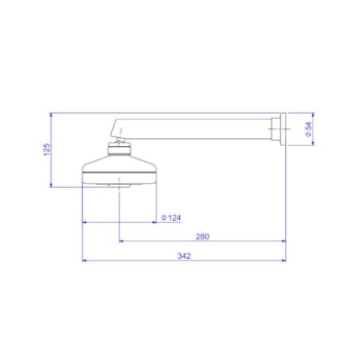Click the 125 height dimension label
click(47, 150)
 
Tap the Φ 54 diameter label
click(308, 129)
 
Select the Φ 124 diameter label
click(171, 218)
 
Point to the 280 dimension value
click(202, 236)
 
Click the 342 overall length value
click(184, 256)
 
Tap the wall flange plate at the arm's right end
click(283, 129)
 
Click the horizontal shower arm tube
click(195, 129)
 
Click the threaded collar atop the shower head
click(120, 149)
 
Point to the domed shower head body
click(120, 169)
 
